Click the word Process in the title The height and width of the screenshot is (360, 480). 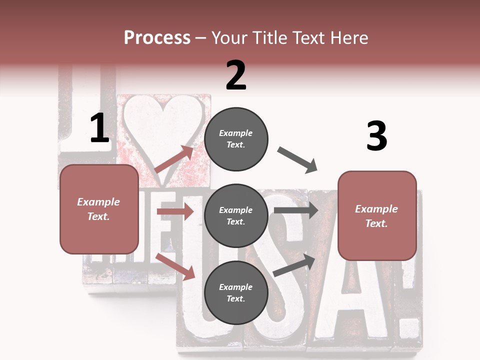(x=157, y=38)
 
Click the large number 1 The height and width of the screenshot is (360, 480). (x=99, y=128)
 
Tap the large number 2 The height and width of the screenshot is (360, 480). (x=236, y=75)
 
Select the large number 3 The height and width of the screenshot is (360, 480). (x=376, y=136)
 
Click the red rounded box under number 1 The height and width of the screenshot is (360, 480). (x=99, y=209)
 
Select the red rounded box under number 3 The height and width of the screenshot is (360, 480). (x=377, y=216)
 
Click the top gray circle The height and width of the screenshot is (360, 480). (x=236, y=139)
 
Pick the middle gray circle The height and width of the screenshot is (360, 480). (x=236, y=216)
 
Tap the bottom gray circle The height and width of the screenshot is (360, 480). (x=236, y=293)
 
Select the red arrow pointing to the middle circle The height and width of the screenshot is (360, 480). (x=175, y=212)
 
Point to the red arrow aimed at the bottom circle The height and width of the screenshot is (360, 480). (x=175, y=266)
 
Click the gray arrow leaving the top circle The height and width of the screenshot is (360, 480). (x=297, y=160)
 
